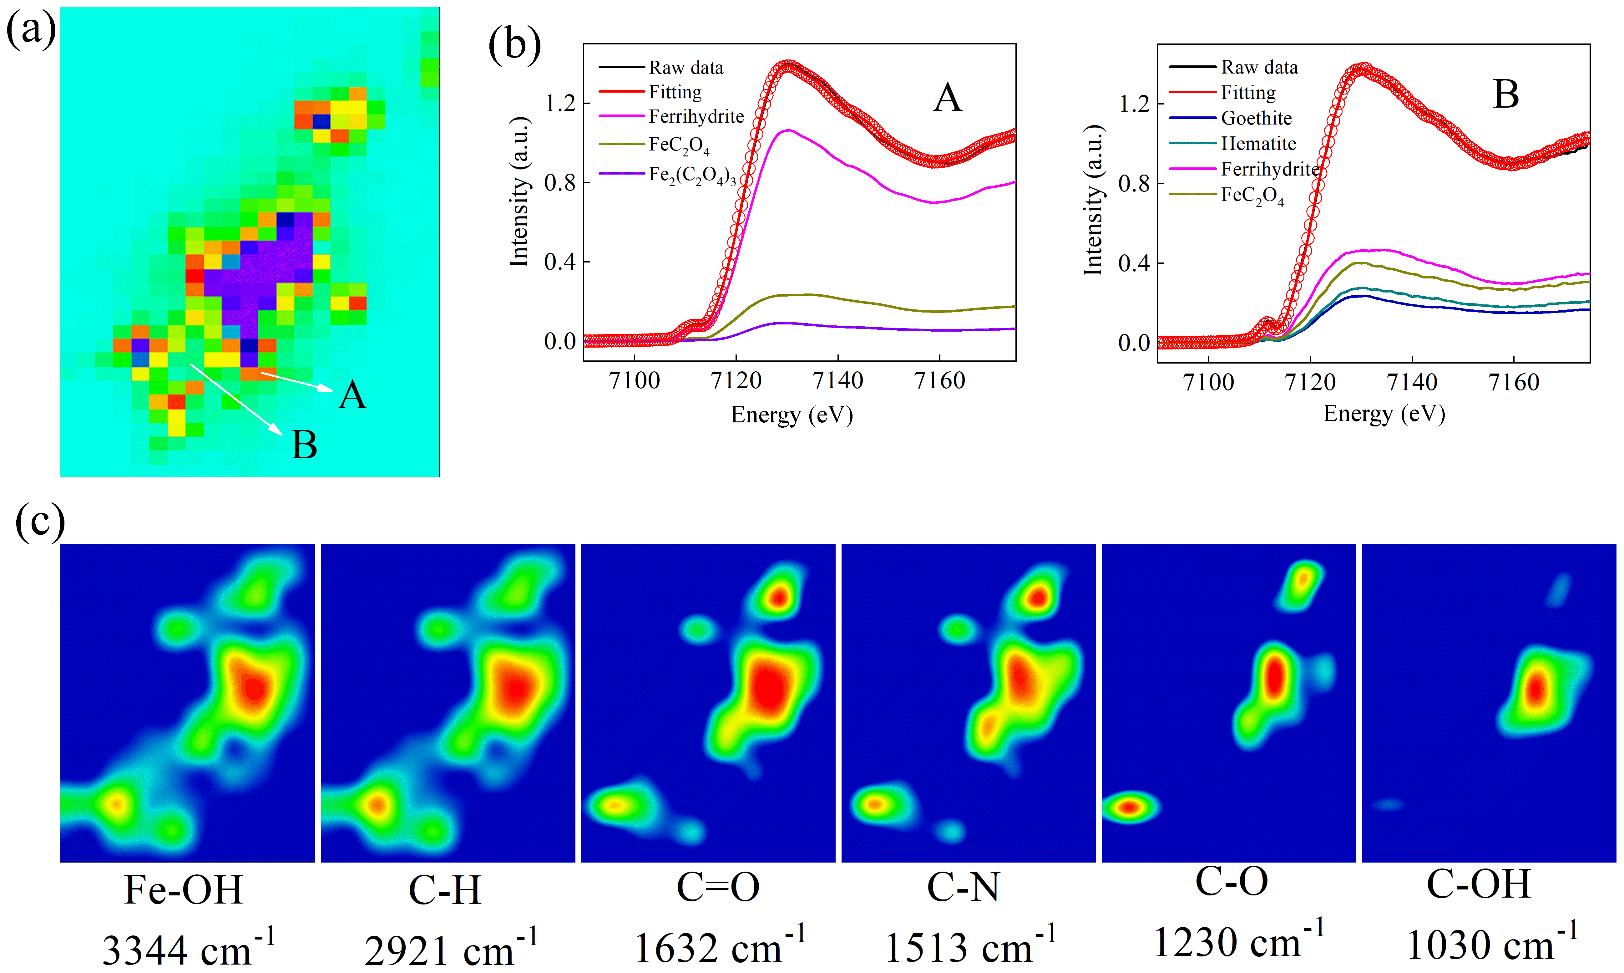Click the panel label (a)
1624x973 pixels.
[x=31, y=29]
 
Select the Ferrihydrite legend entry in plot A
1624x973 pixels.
[x=696, y=117]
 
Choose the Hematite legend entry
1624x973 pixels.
[x=1258, y=144]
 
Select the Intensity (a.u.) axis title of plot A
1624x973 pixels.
[x=519, y=192]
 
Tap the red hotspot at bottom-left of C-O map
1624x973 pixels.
[x=1128, y=807]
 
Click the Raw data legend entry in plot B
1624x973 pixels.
[x=1258, y=68]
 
